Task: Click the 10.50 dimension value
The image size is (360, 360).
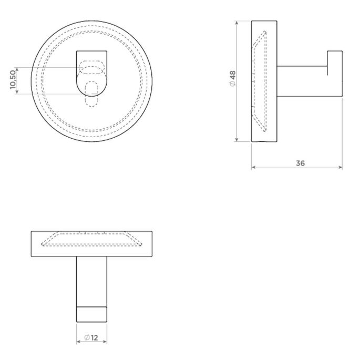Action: coord(14,80)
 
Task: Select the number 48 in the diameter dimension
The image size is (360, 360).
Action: coord(233,77)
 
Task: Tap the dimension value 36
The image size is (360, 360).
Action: coord(300,163)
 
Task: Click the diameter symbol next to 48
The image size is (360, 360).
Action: coord(233,87)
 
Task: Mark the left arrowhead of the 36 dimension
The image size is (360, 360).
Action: coord(254,168)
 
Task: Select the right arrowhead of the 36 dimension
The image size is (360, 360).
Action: coord(341,168)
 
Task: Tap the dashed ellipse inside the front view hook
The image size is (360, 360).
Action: coord(92,69)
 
